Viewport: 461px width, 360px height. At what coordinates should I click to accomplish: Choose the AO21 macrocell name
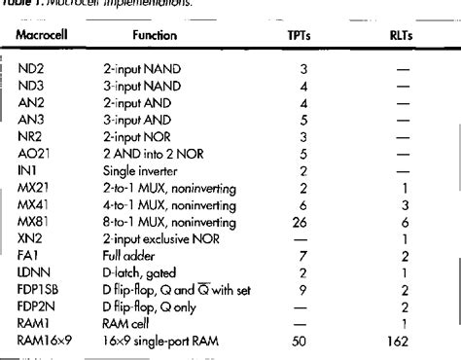pyautogui.click(x=35, y=152)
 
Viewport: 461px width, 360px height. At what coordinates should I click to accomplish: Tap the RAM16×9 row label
pyautogui.click(x=46, y=341)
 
